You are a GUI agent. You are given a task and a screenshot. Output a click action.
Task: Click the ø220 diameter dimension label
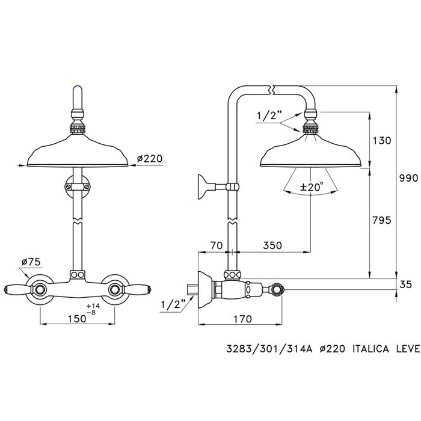[150, 159]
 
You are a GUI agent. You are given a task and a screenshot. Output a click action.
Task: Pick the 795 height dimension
[380, 220]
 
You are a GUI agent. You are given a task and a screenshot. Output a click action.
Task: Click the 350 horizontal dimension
[272, 245]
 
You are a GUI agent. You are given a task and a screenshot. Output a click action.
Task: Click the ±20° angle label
[312, 188]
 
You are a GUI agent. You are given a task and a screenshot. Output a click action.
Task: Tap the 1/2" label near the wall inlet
[173, 305]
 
